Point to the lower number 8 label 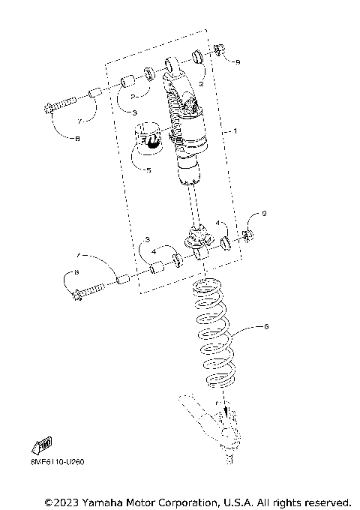point(76,273)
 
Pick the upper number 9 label point(238,61)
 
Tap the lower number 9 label point(263,214)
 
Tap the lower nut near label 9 point(245,238)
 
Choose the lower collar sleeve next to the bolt point(124,280)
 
